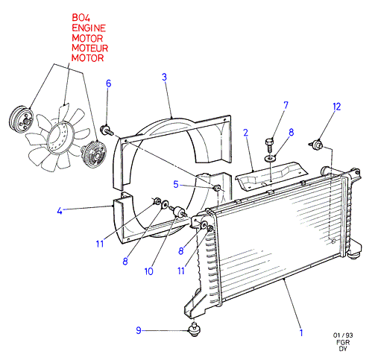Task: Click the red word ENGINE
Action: [89, 28]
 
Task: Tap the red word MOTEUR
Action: [89, 48]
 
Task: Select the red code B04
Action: [81, 18]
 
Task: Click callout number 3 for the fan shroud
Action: [164, 77]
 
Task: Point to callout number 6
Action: [108, 83]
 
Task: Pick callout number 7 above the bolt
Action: [286, 105]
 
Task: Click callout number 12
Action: [337, 107]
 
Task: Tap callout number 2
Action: [245, 133]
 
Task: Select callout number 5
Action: [176, 184]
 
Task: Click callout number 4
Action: [60, 211]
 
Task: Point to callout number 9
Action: [139, 330]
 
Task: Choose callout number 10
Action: [148, 271]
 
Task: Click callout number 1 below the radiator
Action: [301, 332]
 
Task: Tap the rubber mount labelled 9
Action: [194, 330]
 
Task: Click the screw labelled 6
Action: [106, 130]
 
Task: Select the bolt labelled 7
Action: [269, 145]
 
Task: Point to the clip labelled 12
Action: [316, 145]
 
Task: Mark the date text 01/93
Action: [343, 335]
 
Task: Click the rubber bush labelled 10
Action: [178, 212]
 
